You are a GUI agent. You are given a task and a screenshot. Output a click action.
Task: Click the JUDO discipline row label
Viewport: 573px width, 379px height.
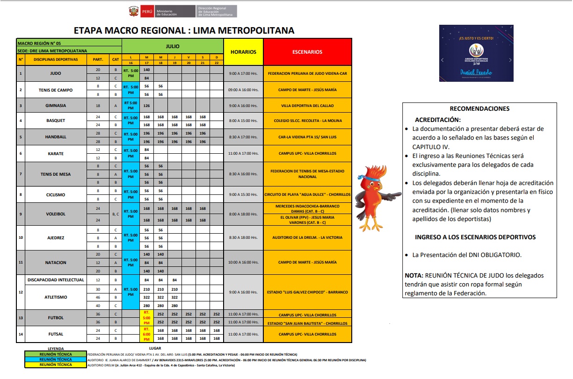[x=55, y=73]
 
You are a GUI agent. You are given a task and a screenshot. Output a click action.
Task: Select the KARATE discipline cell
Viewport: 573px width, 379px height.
[x=55, y=153]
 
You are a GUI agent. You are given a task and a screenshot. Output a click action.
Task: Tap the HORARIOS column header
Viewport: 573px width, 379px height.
[x=243, y=52]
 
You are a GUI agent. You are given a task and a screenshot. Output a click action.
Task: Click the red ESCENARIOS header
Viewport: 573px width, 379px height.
[x=307, y=52]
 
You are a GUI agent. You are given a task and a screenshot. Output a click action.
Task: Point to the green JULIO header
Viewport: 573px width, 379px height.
[x=172, y=47]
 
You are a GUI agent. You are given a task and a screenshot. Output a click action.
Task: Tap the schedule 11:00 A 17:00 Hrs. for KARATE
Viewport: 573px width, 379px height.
[x=243, y=153]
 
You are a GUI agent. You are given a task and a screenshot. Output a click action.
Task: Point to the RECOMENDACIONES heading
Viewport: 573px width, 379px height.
[x=479, y=108]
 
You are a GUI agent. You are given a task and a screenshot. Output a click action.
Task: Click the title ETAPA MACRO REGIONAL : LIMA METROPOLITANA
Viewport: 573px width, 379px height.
[x=184, y=31]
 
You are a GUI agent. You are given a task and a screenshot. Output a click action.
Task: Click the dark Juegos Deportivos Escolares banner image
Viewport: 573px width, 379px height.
[x=476, y=53]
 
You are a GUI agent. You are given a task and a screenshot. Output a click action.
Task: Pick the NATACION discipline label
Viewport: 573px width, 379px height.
[x=55, y=263]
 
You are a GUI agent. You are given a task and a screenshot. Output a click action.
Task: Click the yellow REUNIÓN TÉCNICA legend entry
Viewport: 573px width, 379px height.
[x=56, y=365]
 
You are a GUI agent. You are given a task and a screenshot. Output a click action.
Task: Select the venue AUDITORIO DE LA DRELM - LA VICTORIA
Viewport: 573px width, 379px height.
[x=307, y=237]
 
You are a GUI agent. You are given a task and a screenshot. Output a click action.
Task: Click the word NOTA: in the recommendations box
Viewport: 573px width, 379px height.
[x=414, y=275]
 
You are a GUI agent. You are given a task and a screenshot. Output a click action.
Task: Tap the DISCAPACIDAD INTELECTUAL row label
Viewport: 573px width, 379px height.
[x=55, y=280]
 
